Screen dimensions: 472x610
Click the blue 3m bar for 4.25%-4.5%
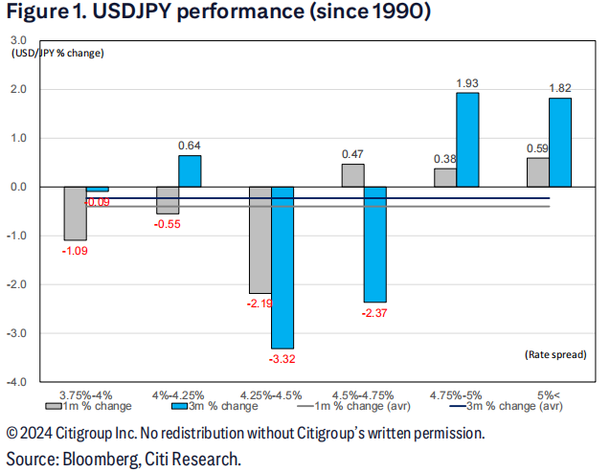[282, 267]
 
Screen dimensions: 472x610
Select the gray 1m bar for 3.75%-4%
[75, 214]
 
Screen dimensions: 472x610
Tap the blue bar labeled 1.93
[467, 140]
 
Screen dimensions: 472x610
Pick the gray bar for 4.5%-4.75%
[352, 175]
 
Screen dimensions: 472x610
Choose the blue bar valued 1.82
[559, 143]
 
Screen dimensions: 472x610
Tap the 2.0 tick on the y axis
[18, 90]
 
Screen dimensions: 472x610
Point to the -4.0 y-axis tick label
[17, 382]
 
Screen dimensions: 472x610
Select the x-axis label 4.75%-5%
[456, 393]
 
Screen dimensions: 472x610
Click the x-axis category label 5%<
[548, 393]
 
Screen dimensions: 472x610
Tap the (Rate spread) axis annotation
[554, 354]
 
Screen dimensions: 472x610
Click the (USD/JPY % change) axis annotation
[57, 52]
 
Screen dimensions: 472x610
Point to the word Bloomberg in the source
[100, 458]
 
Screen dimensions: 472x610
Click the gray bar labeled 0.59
[537, 172]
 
